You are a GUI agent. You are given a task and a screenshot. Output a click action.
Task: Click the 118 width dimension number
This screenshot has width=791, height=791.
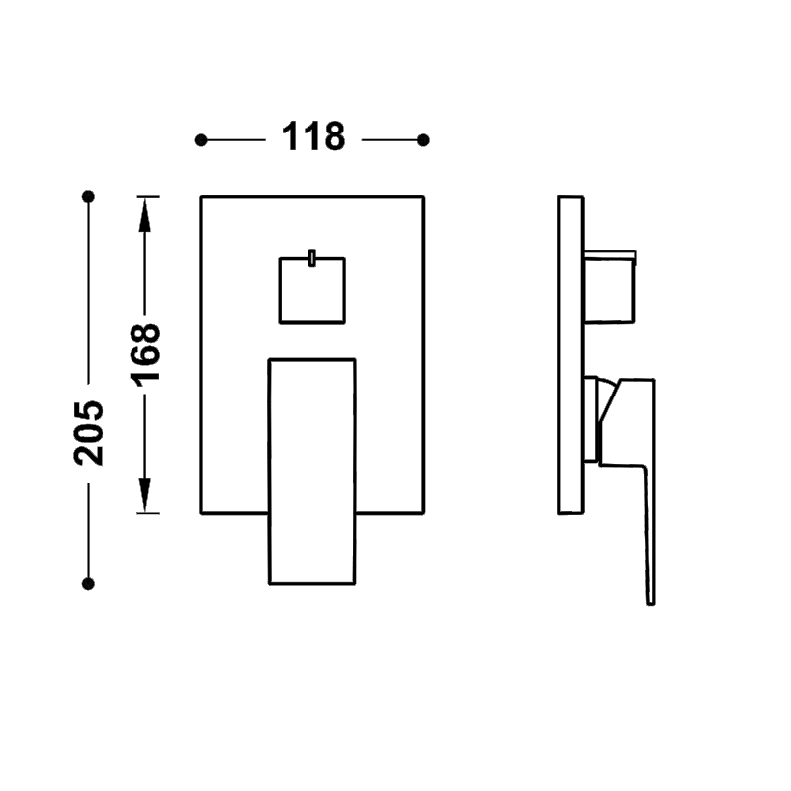313,136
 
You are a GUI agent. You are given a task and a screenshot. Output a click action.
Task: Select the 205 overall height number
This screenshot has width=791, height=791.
88,433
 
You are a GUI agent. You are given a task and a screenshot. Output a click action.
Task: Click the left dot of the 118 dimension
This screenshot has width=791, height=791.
201,140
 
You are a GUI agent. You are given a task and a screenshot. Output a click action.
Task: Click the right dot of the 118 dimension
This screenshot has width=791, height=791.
424,140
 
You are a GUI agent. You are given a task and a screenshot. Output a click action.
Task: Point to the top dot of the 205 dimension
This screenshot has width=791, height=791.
88,196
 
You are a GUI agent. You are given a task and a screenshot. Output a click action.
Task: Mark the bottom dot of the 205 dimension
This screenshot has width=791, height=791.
88,584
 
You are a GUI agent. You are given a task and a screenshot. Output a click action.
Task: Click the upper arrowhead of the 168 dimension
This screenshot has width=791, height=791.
145,215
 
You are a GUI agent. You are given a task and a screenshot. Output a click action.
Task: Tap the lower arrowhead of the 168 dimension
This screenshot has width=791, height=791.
145,495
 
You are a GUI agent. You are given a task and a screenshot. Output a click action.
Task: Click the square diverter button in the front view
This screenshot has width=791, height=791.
312,291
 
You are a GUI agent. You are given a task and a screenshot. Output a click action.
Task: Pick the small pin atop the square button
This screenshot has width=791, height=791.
312,258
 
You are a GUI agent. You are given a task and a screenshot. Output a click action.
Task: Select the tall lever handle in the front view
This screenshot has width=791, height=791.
312,472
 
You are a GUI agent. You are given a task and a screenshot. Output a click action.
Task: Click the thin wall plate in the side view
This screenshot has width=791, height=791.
571,355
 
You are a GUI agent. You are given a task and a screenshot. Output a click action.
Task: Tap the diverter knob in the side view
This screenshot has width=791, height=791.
609,286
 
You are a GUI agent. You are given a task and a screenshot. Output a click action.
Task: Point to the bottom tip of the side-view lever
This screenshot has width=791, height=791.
651,603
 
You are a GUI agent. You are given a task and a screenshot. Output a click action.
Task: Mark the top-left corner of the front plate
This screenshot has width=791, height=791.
201,196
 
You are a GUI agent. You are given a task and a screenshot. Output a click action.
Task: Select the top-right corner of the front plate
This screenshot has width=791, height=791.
424,196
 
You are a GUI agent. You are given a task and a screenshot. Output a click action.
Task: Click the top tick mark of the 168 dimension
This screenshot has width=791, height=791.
148,196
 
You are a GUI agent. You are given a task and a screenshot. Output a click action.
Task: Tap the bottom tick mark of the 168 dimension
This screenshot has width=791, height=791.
148,513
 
